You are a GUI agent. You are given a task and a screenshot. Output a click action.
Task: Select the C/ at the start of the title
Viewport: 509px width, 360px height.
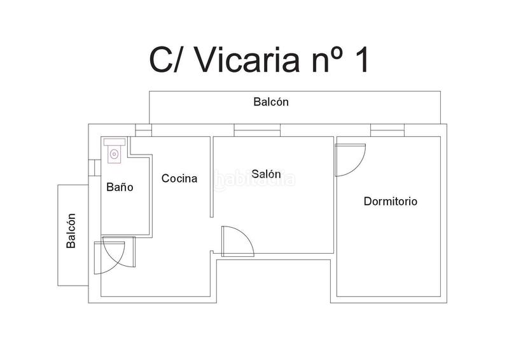coord(167,60)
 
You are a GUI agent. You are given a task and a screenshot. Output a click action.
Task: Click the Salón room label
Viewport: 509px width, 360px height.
coord(266,174)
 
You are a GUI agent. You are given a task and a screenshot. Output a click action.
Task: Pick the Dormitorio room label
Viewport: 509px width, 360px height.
coord(390,202)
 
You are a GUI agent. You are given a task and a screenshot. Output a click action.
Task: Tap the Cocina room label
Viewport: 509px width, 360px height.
coord(179,179)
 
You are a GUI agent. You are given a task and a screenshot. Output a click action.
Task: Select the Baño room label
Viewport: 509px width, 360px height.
coord(119,188)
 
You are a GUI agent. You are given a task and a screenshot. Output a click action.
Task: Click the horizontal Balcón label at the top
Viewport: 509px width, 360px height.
coord(271,101)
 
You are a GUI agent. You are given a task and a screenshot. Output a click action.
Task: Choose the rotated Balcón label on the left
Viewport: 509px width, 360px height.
coord(71,230)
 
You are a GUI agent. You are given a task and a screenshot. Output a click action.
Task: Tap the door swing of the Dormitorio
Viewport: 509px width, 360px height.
coord(350,159)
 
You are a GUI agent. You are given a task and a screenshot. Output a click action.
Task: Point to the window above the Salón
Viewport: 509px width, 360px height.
coord(257,130)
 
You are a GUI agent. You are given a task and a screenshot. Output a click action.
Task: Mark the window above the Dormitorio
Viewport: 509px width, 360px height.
coord(387,130)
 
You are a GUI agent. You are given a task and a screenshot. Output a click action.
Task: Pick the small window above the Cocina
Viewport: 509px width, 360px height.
coord(144,130)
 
